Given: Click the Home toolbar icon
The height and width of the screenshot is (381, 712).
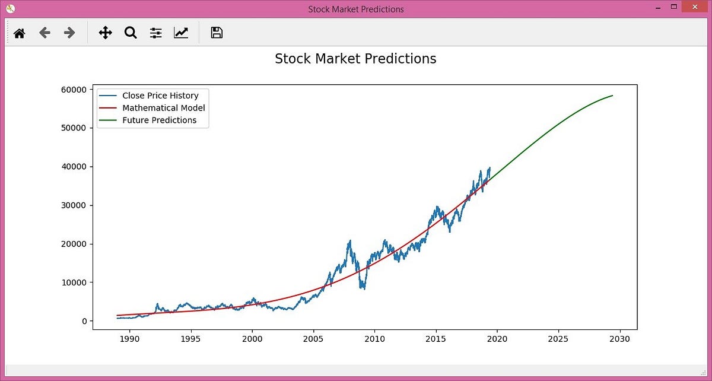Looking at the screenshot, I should tap(20, 33).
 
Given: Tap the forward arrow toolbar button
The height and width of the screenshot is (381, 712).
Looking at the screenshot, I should tap(69, 33).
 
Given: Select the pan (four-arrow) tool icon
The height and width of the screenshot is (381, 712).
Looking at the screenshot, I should tap(105, 33).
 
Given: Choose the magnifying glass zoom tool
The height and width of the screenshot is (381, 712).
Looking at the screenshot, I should tap(131, 33).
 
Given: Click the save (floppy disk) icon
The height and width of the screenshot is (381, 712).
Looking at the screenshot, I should tap(217, 33).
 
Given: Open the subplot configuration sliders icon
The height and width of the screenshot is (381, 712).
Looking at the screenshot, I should tap(155, 33).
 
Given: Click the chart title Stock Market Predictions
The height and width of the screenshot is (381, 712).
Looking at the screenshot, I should tap(355, 59).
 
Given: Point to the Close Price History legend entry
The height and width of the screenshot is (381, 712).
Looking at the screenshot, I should tap(160, 96).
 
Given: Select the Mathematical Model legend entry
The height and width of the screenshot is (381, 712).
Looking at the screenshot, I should tap(163, 108).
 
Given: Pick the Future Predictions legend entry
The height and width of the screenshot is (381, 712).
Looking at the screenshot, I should tap(159, 120).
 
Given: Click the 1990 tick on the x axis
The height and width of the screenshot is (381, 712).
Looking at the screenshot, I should tap(129, 339).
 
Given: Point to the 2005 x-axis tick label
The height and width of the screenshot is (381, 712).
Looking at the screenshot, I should tap(313, 339).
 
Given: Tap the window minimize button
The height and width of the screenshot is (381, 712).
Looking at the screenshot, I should tap(657, 8).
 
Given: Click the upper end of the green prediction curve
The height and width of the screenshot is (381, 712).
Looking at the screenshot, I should tap(612, 96).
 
